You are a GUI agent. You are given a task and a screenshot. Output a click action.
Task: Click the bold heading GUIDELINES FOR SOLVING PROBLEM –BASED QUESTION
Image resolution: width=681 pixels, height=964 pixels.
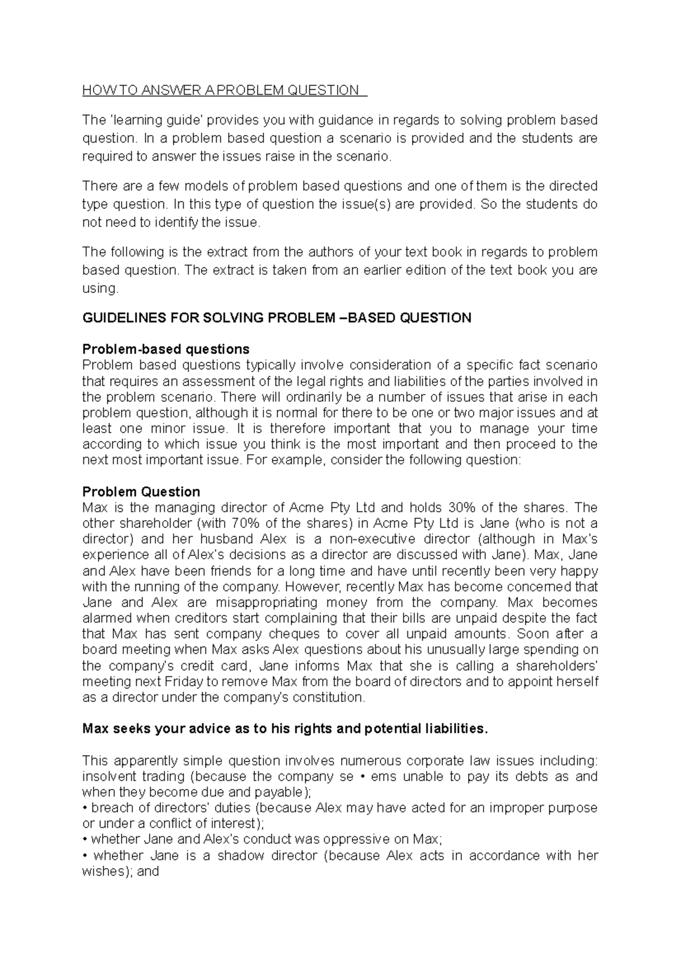[x=277, y=318]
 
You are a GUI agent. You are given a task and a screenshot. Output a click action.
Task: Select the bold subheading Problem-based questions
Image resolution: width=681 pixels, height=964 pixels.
[x=166, y=349]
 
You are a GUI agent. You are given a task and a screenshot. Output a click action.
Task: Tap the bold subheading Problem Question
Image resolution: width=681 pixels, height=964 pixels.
[x=141, y=492]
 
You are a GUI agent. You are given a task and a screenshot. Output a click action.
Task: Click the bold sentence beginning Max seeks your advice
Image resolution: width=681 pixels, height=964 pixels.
[x=285, y=729]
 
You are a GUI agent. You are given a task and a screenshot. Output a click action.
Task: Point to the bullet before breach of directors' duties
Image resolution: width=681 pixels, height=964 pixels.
[x=85, y=808]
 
